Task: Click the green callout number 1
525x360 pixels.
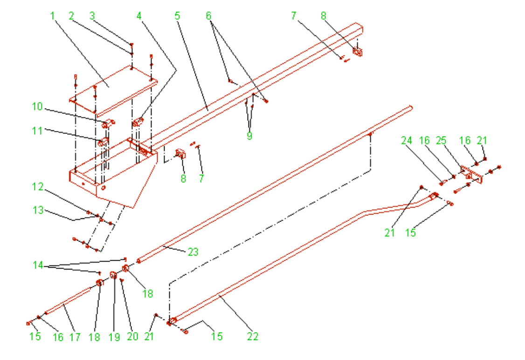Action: coord(53,16)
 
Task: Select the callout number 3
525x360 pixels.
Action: coord(92,16)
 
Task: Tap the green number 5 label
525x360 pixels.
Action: coord(177,16)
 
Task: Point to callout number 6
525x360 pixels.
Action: coord(209,16)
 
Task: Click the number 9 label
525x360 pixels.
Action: coord(249,136)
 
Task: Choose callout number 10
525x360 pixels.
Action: coord(37,107)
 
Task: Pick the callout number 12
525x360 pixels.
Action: coord(37,187)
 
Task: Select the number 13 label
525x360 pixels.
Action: coord(37,210)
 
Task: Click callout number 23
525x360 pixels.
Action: coord(193,252)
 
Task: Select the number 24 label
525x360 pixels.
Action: coord(407,140)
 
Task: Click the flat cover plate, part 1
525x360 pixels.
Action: coord(112,86)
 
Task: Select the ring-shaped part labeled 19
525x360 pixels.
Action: coord(113,274)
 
